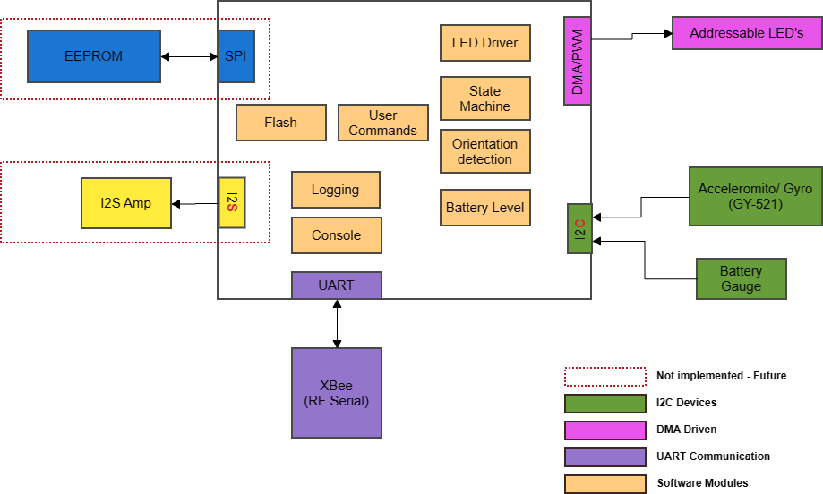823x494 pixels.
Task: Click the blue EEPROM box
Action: coord(93,56)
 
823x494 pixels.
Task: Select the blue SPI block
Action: coord(236,56)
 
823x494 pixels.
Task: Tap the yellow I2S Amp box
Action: coord(126,203)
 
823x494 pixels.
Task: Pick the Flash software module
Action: coord(280,123)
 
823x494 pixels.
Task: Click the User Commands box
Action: coord(383,123)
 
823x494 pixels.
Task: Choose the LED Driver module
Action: coord(484,43)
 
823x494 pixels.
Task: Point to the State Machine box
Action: coord(484,98)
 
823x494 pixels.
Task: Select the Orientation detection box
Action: coord(484,151)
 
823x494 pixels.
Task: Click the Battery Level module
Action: coord(484,208)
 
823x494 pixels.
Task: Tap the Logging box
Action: coord(336,190)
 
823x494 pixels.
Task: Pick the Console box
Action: coord(337,235)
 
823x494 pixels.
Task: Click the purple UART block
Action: coord(337,285)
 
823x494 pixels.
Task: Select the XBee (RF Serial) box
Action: coord(337,393)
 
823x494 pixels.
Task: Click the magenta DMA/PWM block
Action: coord(578,61)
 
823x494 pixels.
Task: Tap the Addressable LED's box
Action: coord(747,33)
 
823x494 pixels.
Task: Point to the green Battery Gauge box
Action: coord(742,278)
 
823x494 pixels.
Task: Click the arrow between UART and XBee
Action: coord(337,323)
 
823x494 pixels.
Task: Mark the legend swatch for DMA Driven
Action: coord(604,430)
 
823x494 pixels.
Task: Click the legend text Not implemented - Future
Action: coord(721,376)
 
